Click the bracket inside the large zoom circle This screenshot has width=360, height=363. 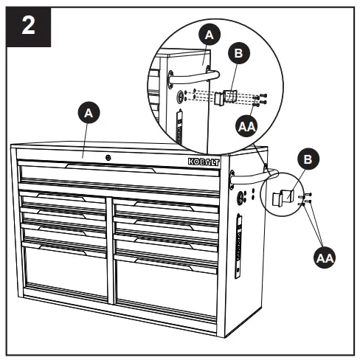[225, 97]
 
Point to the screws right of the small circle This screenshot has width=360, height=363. [308, 196]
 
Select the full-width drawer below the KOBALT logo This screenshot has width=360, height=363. [119, 177]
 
